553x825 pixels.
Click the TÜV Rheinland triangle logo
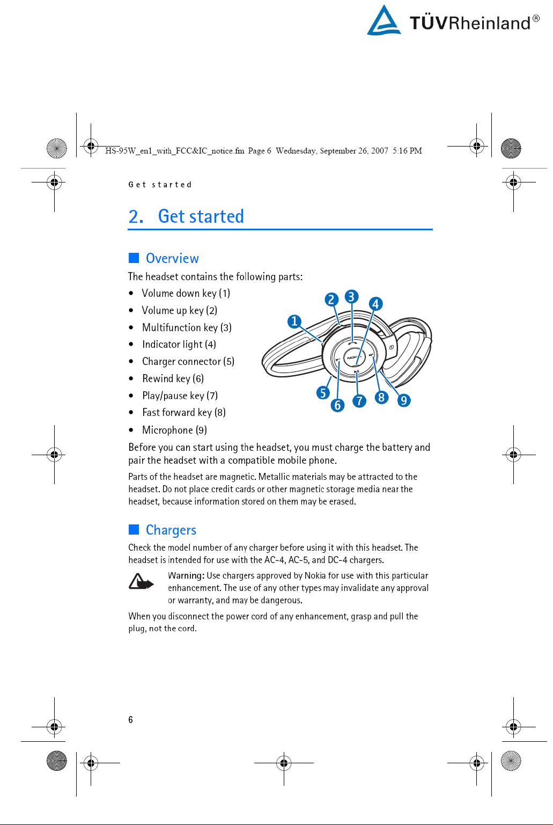[384, 21]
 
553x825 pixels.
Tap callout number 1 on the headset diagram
[294, 322]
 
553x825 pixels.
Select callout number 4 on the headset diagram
[375, 304]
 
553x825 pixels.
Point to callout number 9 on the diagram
[404, 400]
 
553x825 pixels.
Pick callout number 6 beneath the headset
[337, 405]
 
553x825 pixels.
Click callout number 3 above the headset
[351, 297]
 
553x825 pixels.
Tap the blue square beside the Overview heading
[134, 258]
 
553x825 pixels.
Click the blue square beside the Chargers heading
[134, 530]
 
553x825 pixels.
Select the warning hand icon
[141, 582]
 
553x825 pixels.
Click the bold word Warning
[186, 575]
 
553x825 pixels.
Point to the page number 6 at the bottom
[130, 720]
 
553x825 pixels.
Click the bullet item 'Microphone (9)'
[174, 430]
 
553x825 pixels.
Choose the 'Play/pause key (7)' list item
[180, 396]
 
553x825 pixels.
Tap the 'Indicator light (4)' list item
[179, 345]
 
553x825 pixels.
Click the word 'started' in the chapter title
[216, 216]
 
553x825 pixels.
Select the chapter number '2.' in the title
[136, 216]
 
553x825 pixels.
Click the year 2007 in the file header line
[379, 151]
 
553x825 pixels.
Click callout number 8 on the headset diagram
[381, 397]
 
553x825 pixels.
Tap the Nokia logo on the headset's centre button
[352, 357]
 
